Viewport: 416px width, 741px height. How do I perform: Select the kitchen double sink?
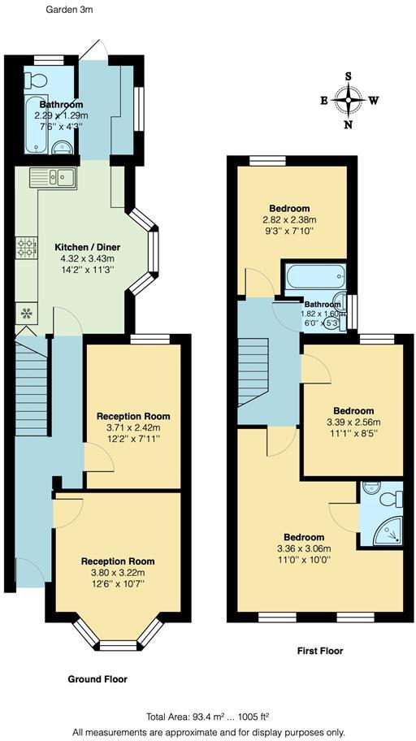pyautogui.click(x=53, y=175)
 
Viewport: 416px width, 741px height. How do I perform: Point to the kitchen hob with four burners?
pyautogui.click(x=25, y=247)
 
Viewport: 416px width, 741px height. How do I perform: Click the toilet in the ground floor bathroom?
pyautogui.click(x=36, y=80)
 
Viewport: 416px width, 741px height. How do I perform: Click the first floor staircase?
pyautogui.click(x=255, y=374)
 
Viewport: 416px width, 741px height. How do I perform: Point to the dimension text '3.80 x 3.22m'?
pyautogui.click(x=117, y=573)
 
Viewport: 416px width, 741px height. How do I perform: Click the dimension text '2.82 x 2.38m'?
pyautogui.click(x=289, y=220)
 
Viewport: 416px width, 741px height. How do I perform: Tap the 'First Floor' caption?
pyautogui.click(x=319, y=651)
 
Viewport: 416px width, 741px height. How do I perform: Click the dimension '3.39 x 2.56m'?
pyautogui.click(x=353, y=422)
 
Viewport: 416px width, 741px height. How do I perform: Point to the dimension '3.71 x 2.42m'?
pyautogui.click(x=134, y=427)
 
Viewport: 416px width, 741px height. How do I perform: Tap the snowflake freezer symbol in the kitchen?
pyautogui.click(x=26, y=312)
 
